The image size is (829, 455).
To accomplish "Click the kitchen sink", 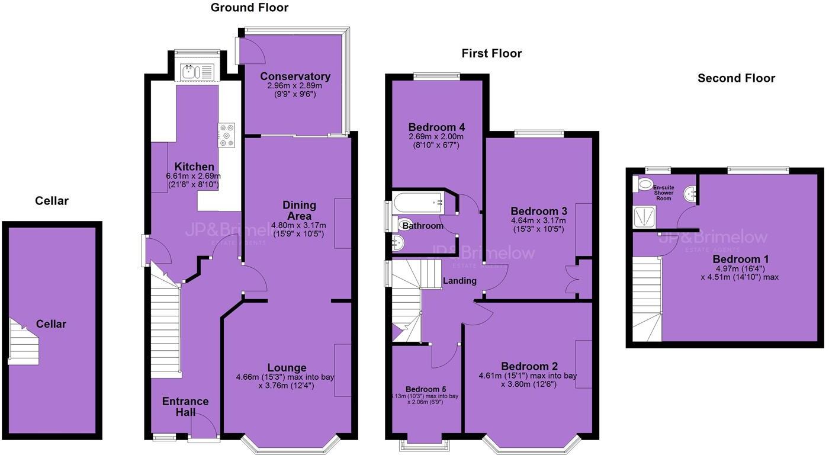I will (x=197, y=72).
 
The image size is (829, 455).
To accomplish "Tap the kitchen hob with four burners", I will (x=226, y=134).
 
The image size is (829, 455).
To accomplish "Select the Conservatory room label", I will (x=295, y=76).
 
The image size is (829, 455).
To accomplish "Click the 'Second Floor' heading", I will (x=736, y=78).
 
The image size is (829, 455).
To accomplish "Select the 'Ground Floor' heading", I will (x=249, y=8).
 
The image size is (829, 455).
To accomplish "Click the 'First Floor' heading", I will (x=491, y=54).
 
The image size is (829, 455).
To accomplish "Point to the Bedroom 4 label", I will (x=436, y=127).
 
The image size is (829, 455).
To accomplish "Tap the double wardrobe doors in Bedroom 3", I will (x=572, y=279).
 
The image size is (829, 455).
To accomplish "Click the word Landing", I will (x=460, y=281).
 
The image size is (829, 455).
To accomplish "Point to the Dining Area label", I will (x=299, y=210).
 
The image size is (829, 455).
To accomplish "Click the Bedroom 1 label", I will (x=736, y=259).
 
